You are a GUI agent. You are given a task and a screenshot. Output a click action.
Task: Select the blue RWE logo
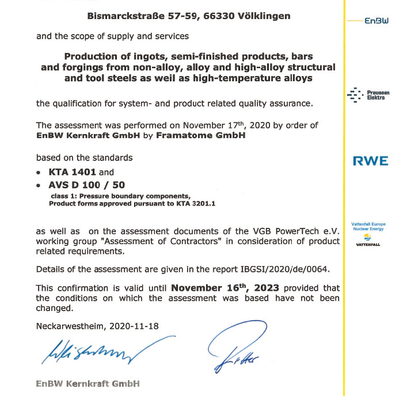pos(370,161)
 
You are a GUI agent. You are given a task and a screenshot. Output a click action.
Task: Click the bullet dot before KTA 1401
pos(39,172)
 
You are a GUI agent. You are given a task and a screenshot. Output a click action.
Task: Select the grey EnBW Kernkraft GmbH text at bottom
pos(88,383)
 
